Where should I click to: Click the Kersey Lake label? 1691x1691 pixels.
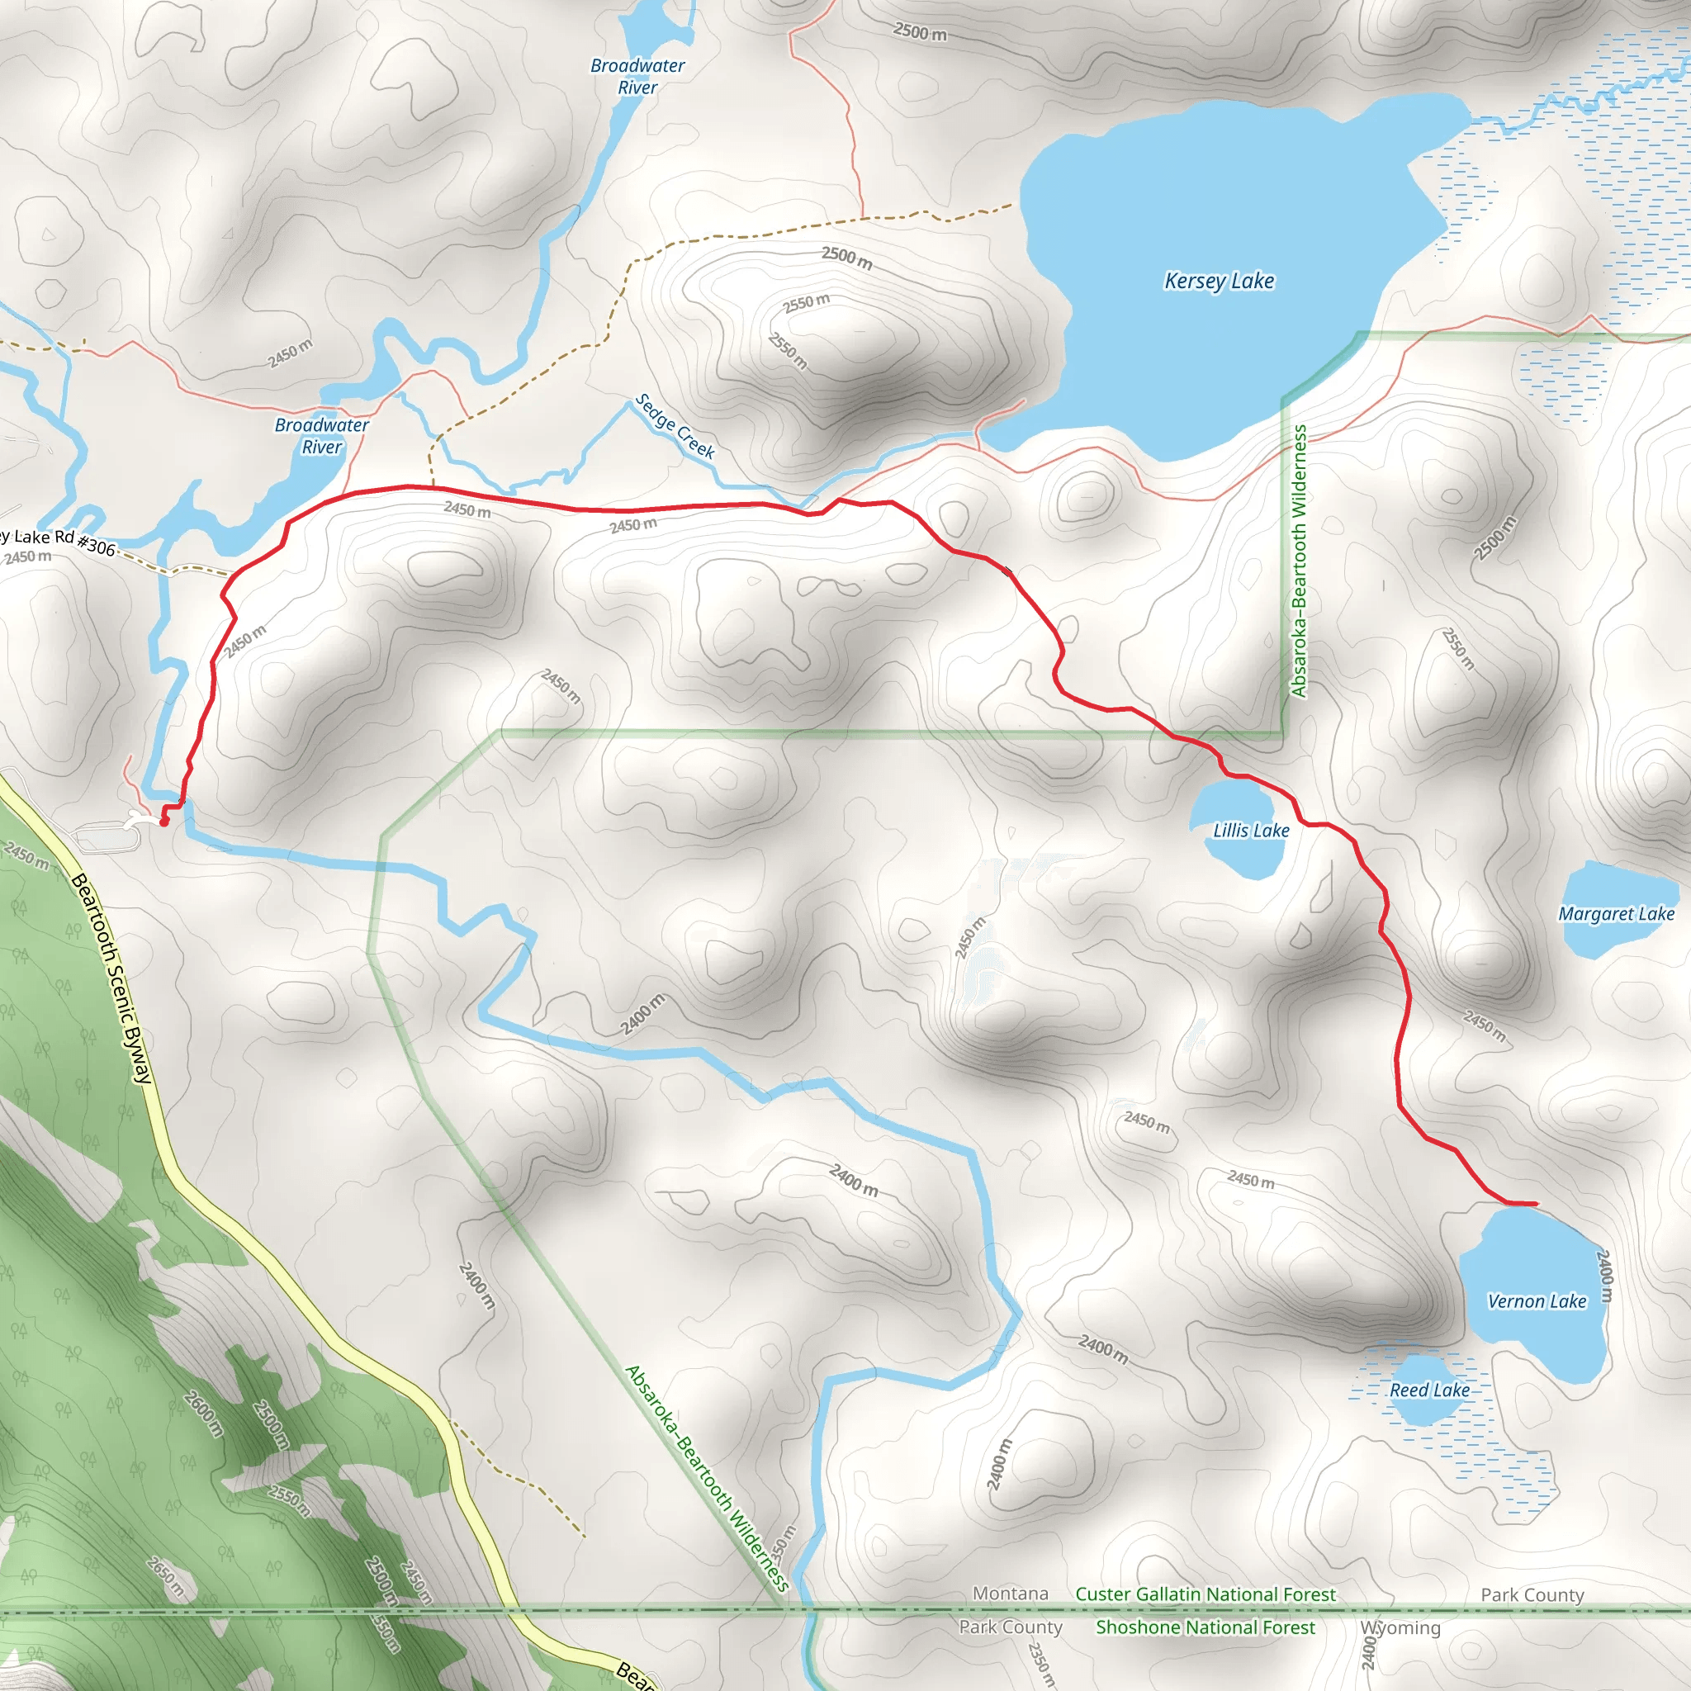point(1219,281)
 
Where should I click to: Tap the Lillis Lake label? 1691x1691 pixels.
point(1251,831)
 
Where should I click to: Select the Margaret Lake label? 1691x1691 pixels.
point(1616,914)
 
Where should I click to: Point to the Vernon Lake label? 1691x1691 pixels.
point(1537,1301)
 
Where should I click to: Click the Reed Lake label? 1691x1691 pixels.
point(1429,1390)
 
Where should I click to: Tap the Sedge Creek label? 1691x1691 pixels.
point(675,426)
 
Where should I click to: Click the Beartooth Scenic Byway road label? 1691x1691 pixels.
point(112,978)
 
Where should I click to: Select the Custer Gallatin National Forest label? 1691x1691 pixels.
point(1205,1594)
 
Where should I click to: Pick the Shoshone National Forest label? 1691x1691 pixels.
point(1205,1627)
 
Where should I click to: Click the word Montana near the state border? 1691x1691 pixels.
point(1010,1593)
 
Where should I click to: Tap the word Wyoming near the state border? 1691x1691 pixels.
point(1400,1628)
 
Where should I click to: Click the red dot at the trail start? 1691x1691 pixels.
point(163,822)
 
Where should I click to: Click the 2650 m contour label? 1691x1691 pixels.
point(165,1575)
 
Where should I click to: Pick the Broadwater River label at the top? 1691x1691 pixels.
point(637,76)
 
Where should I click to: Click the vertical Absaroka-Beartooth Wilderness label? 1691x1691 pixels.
point(1299,560)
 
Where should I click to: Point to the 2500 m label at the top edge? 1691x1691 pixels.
point(919,32)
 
